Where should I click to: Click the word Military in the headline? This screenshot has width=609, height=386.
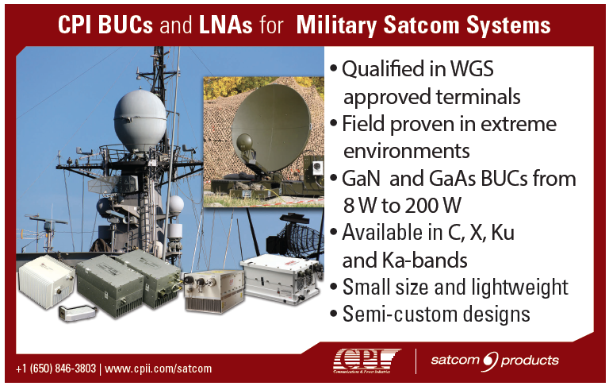pyautogui.click(x=336, y=25)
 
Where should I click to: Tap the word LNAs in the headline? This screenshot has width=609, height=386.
pyautogui.click(x=226, y=25)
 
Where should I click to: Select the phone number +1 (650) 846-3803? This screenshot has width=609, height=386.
pyautogui.click(x=56, y=368)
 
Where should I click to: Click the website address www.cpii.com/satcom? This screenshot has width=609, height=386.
pyautogui.click(x=159, y=369)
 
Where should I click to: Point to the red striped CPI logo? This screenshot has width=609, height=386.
pyautogui.click(x=366, y=361)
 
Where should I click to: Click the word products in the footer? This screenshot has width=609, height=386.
pyautogui.click(x=530, y=361)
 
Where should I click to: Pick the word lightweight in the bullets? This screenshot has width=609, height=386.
pyautogui.click(x=520, y=288)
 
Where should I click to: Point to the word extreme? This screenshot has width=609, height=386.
pyautogui.click(x=519, y=124)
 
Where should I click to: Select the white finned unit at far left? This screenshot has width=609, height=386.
pyautogui.click(x=47, y=280)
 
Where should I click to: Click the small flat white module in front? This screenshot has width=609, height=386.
pyautogui.click(x=77, y=313)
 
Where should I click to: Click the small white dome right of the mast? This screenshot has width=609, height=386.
pyautogui.click(x=176, y=205)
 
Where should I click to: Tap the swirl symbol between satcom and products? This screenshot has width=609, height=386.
pyautogui.click(x=490, y=361)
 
